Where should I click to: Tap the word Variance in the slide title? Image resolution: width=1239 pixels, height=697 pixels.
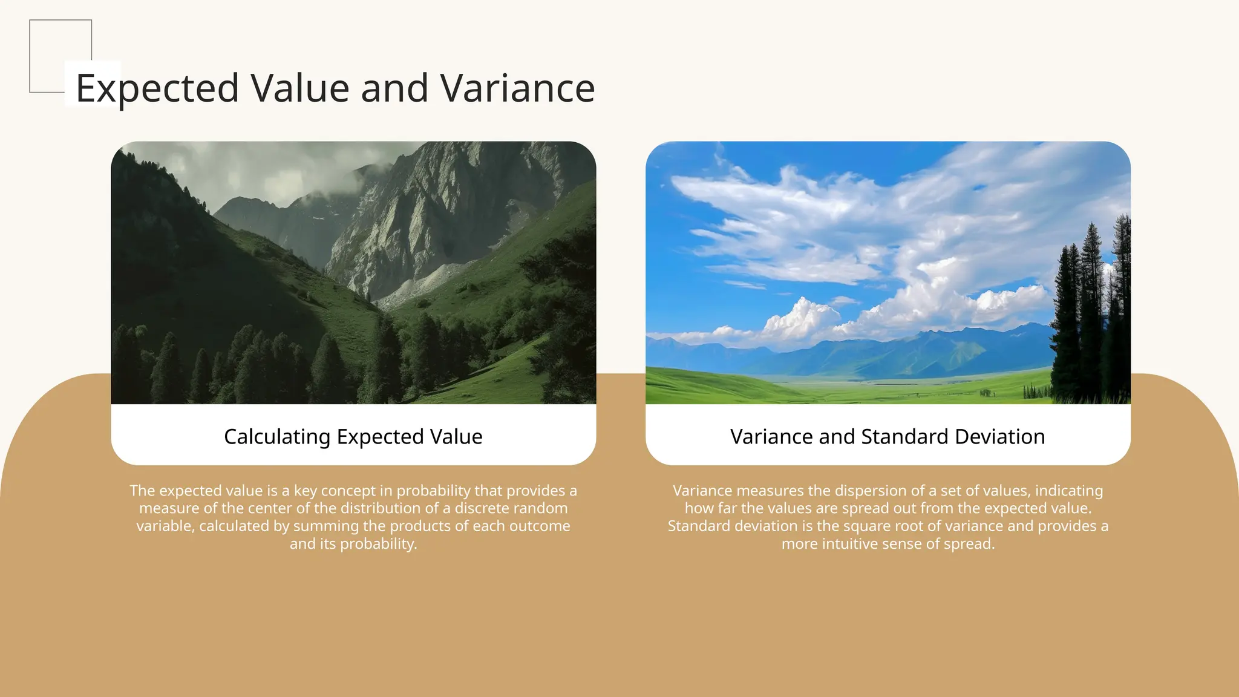point(517,88)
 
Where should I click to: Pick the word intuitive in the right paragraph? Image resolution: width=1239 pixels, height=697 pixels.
point(868,544)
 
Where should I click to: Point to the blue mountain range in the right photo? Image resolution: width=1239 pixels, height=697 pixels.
point(877,357)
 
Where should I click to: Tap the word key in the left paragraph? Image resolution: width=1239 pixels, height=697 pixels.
point(305,491)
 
